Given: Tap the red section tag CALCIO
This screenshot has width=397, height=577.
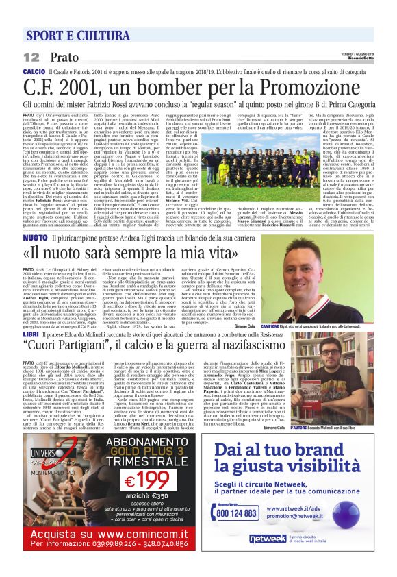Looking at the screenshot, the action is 34,71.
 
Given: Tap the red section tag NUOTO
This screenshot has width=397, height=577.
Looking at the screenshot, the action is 34,237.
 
